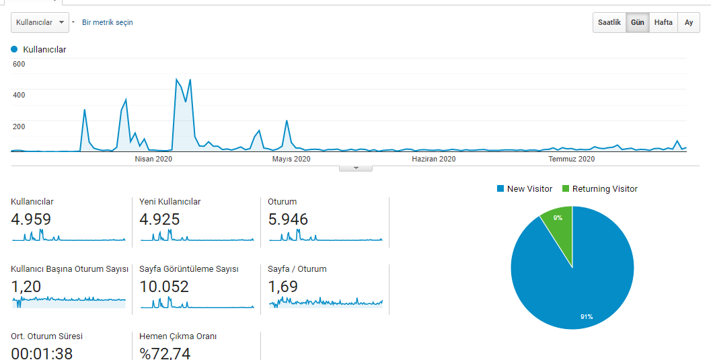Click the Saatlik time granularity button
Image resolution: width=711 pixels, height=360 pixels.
[609, 22]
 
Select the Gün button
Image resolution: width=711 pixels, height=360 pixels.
[638, 22]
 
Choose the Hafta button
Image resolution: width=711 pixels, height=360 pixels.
[663, 22]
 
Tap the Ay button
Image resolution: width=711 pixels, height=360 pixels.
[689, 22]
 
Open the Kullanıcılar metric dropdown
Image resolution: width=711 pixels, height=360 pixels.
[40, 22]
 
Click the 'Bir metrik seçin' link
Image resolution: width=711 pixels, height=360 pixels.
[108, 22]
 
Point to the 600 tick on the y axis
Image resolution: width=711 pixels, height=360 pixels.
[19, 64]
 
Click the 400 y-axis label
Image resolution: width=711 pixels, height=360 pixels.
[19, 95]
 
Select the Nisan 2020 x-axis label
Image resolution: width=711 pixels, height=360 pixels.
[153, 159]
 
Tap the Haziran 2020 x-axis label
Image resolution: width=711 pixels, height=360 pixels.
[433, 159]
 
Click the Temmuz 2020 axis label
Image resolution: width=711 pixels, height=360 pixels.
[571, 159]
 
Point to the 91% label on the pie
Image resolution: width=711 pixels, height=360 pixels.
[587, 316]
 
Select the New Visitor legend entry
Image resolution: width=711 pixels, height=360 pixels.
[525, 188]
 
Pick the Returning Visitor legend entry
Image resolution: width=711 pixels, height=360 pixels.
[600, 188]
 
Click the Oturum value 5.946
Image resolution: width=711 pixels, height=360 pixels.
[288, 219]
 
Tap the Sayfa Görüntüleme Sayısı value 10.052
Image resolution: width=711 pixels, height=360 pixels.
[164, 287]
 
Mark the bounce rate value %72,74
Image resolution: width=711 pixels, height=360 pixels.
[165, 353]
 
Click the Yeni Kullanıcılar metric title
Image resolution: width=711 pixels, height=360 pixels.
[170, 202]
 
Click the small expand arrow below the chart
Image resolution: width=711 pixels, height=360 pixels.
[356, 168]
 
